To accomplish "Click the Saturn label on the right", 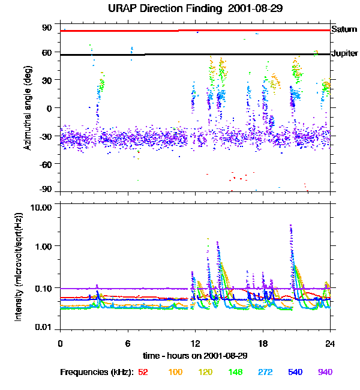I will (x=346, y=29).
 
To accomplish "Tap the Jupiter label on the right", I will (x=346, y=53).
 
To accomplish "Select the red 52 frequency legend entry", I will (x=143, y=372).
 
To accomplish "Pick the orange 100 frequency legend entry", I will (x=175, y=372).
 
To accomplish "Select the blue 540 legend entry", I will (x=296, y=372).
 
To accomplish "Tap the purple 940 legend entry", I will (x=325, y=372).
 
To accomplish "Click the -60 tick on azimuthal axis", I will (x=47, y=163).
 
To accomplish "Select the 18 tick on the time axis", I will (x=262, y=343).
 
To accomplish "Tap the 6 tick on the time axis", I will (x=127, y=343).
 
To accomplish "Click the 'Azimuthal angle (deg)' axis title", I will (x=28, y=108).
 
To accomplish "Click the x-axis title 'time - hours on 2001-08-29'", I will (x=195, y=355).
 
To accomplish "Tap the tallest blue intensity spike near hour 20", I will (x=291, y=227).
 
